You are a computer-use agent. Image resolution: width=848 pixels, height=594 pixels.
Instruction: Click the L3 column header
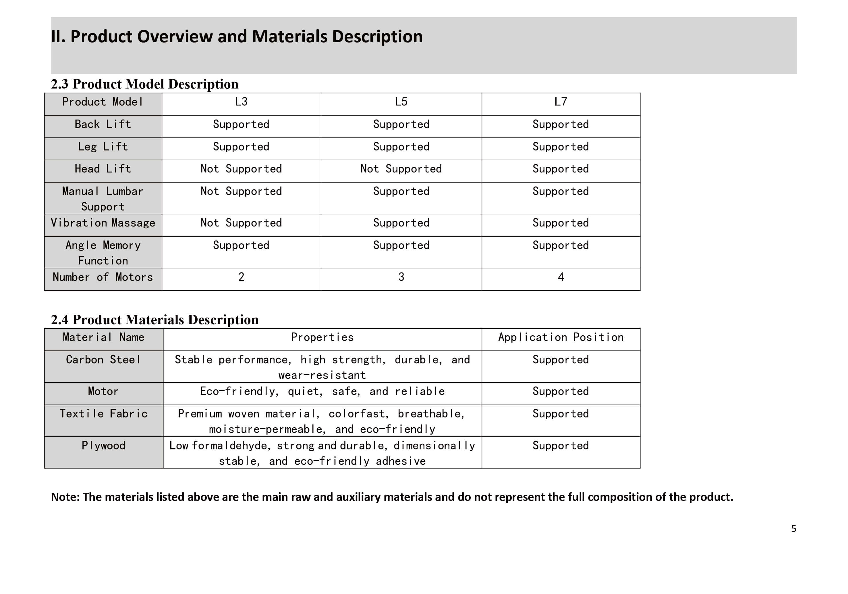click(x=241, y=102)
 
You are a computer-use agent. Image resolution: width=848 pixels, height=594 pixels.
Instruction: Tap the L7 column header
click(x=560, y=102)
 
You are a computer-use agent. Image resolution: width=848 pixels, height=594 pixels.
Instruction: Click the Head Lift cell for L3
click(x=241, y=169)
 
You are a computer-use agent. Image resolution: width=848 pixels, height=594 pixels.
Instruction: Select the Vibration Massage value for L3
click(x=241, y=223)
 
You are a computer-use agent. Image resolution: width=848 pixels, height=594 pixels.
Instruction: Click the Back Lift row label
click(x=103, y=124)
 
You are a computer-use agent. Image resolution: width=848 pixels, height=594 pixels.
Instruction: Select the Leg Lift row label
click(x=103, y=147)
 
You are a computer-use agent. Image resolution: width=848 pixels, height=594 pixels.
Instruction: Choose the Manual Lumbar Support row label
click(x=103, y=199)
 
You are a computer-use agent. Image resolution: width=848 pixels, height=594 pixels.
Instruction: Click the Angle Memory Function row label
click(x=103, y=253)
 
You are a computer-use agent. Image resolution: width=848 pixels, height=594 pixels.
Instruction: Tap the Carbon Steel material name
click(x=103, y=360)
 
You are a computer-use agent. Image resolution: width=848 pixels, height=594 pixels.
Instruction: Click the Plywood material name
click(x=103, y=445)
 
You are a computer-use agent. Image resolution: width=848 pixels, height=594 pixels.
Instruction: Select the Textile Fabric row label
click(x=103, y=414)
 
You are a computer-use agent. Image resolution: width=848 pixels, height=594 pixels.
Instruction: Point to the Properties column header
click(x=322, y=337)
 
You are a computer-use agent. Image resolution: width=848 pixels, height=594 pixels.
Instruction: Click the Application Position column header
click(x=561, y=337)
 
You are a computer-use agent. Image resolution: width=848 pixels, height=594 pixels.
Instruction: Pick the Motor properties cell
click(x=322, y=391)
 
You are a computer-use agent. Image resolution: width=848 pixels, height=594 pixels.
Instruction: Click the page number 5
click(x=793, y=528)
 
